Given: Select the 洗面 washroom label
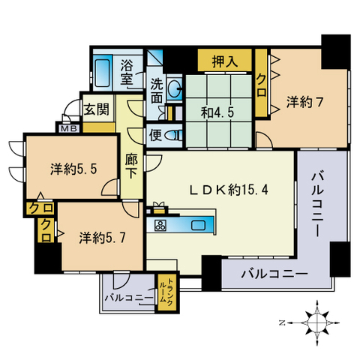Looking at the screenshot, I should click(x=157, y=91).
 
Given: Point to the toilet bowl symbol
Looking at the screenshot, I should click(x=172, y=136).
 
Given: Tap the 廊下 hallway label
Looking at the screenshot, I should click(x=130, y=165).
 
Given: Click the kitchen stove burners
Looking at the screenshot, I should click(x=160, y=226).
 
